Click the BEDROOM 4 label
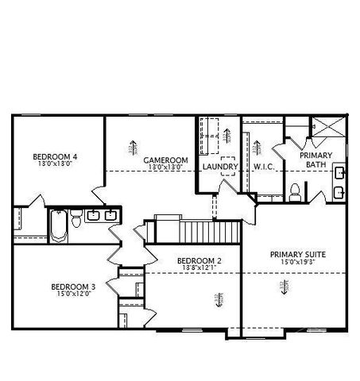(x=54, y=156)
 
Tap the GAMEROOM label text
(x=165, y=160)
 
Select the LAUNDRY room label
(x=219, y=167)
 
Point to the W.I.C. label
(x=264, y=167)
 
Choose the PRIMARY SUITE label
(x=298, y=254)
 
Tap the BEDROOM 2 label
(x=198, y=261)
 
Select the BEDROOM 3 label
(x=73, y=287)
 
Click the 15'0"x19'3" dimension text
(x=298, y=262)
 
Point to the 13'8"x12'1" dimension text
(x=198, y=269)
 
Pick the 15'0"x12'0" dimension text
(x=73, y=294)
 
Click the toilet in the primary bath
(x=295, y=190)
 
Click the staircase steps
(x=209, y=233)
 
